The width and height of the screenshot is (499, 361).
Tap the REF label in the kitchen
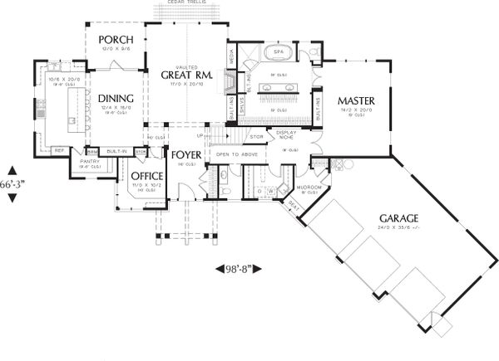pos(60,150)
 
